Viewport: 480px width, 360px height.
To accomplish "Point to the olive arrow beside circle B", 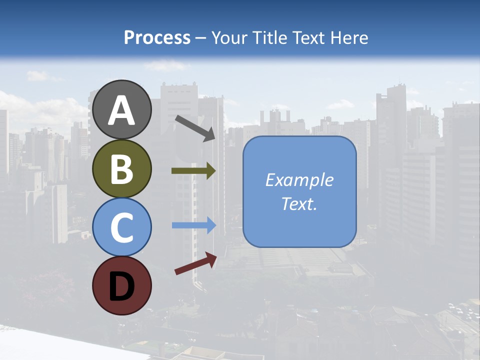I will click(x=193, y=171).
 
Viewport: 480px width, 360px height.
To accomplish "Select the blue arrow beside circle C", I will click(x=193, y=225).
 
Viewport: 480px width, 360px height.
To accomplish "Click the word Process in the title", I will click(x=157, y=38).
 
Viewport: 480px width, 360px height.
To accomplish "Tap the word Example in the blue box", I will click(x=299, y=180).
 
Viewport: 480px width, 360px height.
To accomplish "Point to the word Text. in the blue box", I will click(x=299, y=204).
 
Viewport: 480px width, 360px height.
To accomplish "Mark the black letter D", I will click(x=122, y=286).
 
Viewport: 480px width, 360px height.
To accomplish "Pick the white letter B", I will click(x=122, y=169).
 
